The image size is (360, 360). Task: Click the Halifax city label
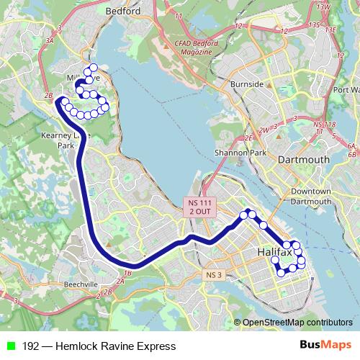click(274, 253)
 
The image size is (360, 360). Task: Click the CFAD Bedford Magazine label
click(195, 48)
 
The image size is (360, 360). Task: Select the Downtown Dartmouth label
click(311, 196)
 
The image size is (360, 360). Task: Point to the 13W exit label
click(323, 6)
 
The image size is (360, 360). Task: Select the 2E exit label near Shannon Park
click(249, 138)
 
